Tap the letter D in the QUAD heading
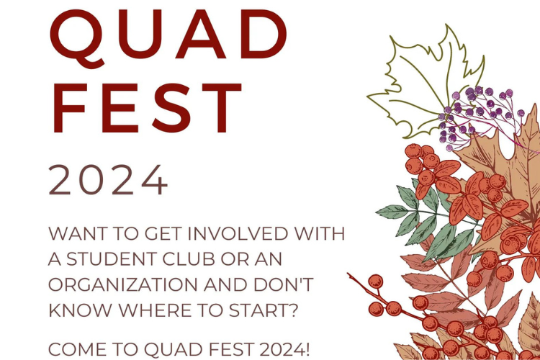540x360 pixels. [x=263, y=34]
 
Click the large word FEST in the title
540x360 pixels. [x=147, y=108]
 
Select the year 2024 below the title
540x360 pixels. [x=108, y=180]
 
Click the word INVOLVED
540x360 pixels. [x=238, y=233]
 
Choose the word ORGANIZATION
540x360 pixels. [x=123, y=284]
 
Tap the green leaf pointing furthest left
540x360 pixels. [x=392, y=211]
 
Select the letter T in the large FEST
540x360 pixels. [x=222, y=108]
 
